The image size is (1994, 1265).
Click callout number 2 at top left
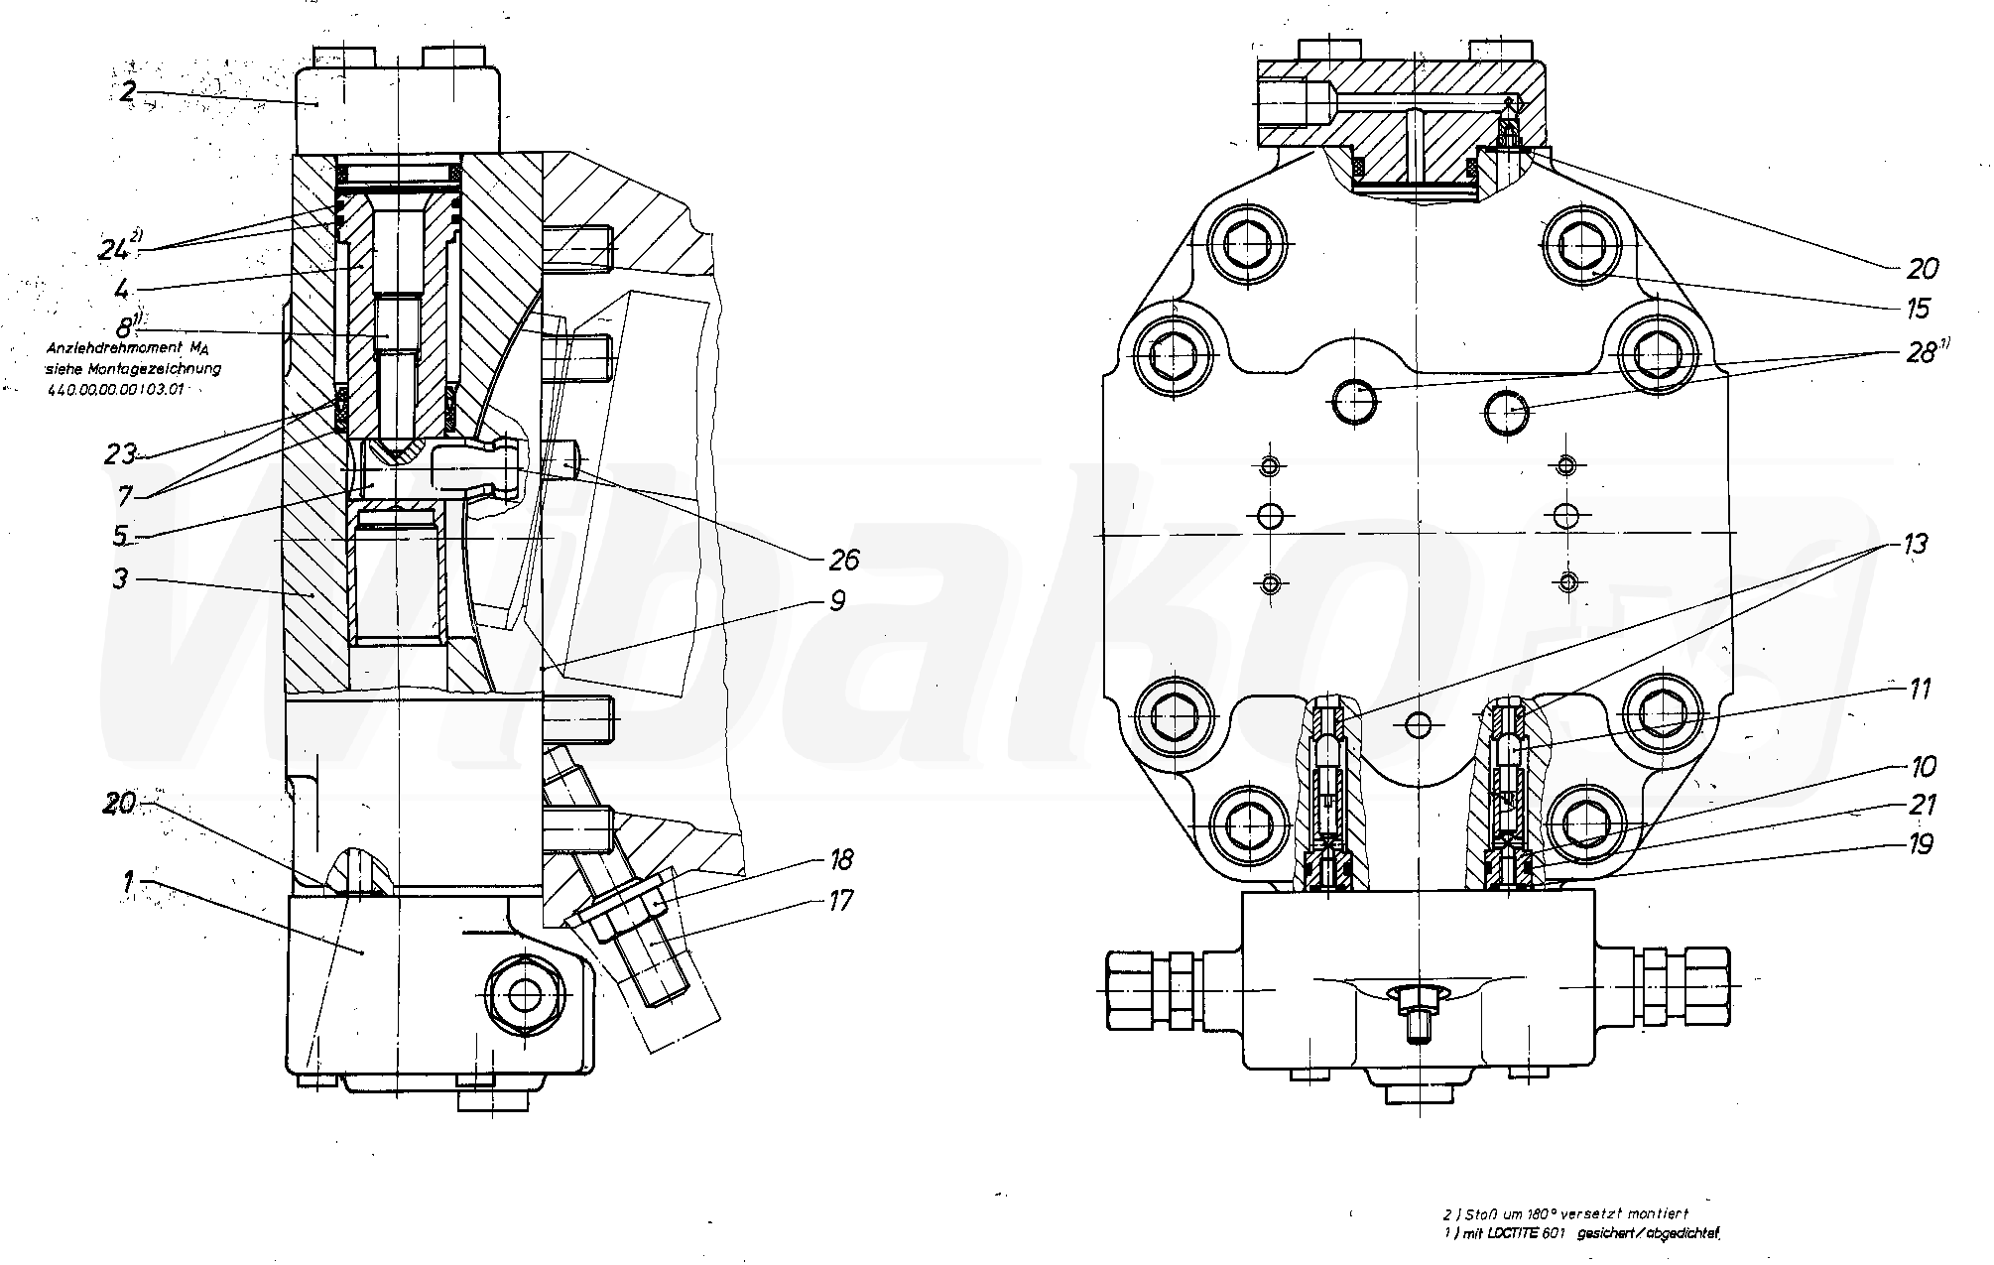tap(128, 93)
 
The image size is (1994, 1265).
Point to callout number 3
tap(119, 577)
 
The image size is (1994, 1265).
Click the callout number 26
tap(843, 560)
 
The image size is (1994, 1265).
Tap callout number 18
tap(839, 859)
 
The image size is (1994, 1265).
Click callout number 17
tap(839, 901)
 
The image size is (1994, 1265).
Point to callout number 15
tap(1917, 308)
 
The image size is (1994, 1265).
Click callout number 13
tap(1915, 544)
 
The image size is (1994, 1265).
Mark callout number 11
tap(1920, 689)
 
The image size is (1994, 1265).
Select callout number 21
tap(1922, 804)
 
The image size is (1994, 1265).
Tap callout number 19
tap(1920, 844)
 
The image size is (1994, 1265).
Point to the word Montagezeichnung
tap(172, 368)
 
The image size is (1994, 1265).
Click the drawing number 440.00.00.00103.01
tap(115, 389)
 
